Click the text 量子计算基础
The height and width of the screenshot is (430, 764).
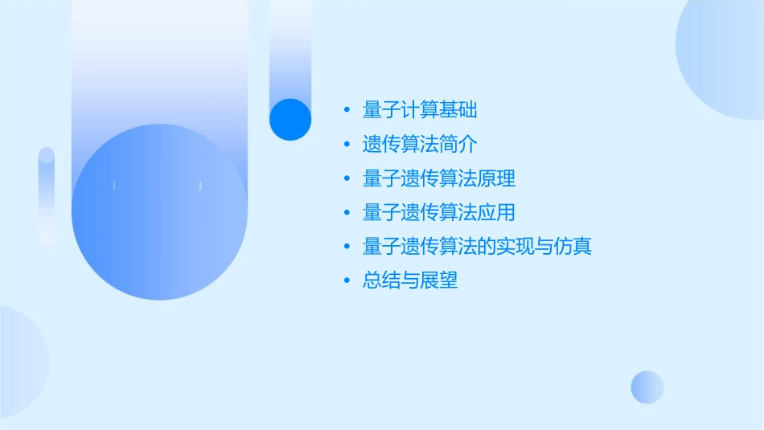[421, 110]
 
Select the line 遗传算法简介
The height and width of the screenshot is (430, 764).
[421, 145]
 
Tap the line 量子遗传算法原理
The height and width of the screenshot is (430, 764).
[439, 178]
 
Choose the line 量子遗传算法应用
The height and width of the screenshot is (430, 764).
[439, 213]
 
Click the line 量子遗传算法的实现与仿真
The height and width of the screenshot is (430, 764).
[478, 247]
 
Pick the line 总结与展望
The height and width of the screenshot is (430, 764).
[411, 281]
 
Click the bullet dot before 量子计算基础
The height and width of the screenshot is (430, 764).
[347, 111]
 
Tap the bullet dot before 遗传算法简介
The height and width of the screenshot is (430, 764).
[347, 145]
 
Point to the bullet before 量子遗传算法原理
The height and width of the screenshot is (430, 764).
[347, 179]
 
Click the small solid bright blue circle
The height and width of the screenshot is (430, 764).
[290, 119]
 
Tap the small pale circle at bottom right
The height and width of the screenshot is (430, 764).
[647, 387]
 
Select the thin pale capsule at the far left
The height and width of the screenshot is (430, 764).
[47, 195]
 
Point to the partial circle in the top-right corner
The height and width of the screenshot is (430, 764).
[724, 56]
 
